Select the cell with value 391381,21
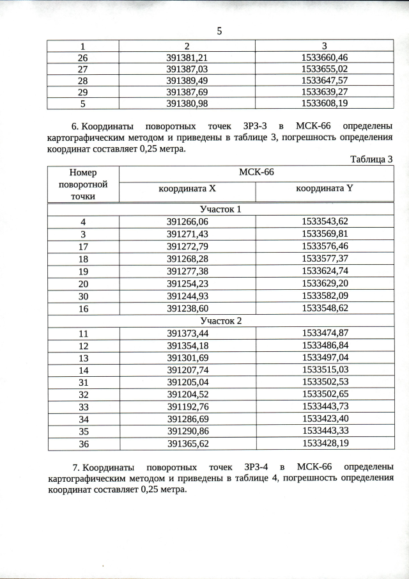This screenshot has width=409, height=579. (x=187, y=58)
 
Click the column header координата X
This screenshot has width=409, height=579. (x=187, y=189)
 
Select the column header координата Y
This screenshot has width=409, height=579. (x=324, y=189)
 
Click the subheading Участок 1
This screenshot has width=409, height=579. (x=220, y=209)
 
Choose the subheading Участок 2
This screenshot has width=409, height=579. (x=220, y=321)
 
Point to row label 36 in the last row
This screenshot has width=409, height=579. (x=83, y=443)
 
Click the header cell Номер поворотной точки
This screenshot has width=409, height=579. (x=83, y=184)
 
